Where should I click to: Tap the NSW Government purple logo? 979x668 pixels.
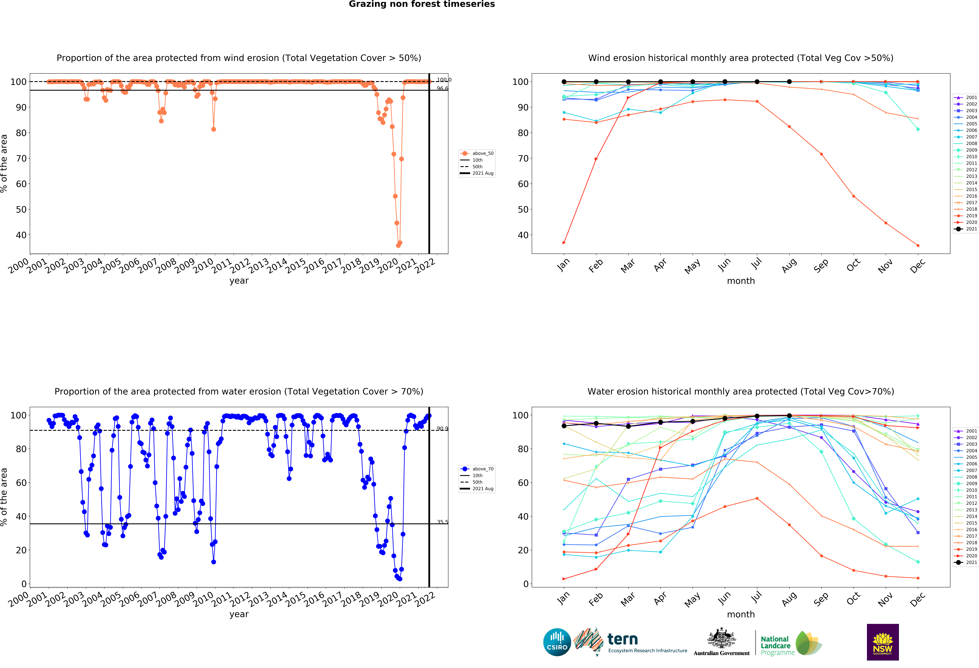882,642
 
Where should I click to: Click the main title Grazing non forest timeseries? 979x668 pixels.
422,4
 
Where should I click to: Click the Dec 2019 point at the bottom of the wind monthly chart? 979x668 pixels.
918,245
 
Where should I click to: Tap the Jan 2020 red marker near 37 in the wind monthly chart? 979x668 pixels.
564,242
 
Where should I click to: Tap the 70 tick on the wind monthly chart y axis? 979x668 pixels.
523,159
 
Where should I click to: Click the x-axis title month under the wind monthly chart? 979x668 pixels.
741,281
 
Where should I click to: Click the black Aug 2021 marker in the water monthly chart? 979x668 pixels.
789,416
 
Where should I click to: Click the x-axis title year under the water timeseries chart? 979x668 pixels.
239,614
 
